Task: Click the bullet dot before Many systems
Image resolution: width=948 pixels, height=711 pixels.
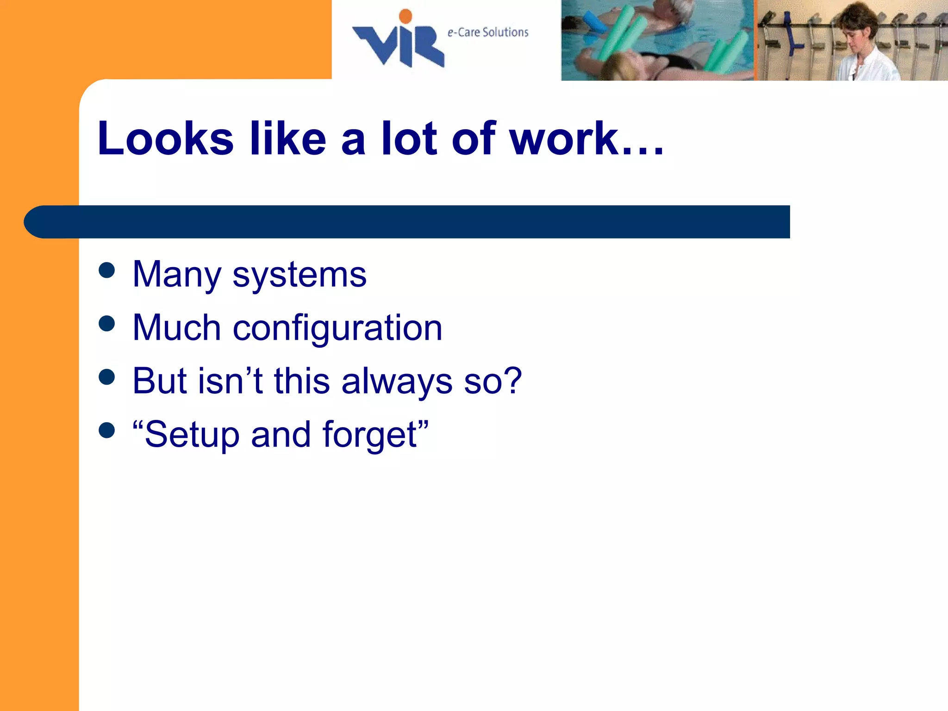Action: (x=106, y=270)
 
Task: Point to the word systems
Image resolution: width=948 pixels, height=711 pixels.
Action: (x=299, y=275)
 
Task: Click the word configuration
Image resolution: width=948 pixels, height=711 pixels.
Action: (x=337, y=328)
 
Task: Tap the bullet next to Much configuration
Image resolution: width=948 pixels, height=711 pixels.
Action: (x=106, y=324)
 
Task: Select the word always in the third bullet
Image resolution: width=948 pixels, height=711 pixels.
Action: (x=397, y=381)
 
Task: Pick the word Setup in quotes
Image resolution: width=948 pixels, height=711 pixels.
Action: (x=192, y=435)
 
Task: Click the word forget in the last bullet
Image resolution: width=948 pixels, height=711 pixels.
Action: (x=370, y=435)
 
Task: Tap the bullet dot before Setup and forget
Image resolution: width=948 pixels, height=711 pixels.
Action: (x=106, y=430)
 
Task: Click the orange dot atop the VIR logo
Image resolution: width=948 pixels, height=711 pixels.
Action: (x=405, y=16)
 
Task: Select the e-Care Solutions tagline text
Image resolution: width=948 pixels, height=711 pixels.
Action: (x=487, y=32)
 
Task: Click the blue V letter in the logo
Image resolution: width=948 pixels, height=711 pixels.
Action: (x=375, y=44)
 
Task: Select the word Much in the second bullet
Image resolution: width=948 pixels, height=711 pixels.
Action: (x=176, y=328)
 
